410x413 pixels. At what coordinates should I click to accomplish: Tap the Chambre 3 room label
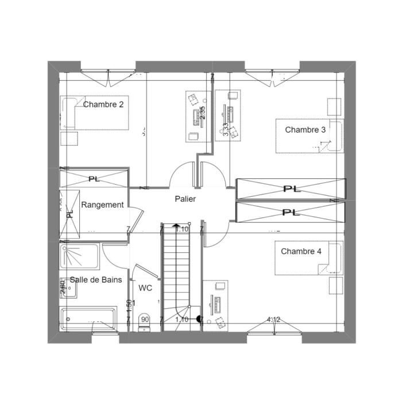pos(305,130)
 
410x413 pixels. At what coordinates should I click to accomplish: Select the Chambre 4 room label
pos(301,251)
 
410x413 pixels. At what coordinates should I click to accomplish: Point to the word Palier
pos(185,199)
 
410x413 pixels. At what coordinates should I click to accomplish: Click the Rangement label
pos(102,205)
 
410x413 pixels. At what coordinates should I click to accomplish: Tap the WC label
pos(146,288)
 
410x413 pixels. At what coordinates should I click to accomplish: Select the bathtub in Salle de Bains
pos(89,319)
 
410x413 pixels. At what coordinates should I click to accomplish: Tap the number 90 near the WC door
pos(145,320)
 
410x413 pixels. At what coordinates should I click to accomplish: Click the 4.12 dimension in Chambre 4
pos(273,320)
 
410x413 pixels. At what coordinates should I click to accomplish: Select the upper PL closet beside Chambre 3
pos(291,188)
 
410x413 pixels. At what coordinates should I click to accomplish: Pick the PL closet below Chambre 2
pos(94,178)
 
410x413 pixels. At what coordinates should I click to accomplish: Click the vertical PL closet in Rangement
pos(69,212)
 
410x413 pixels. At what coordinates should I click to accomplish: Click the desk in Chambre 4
pos(216,304)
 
